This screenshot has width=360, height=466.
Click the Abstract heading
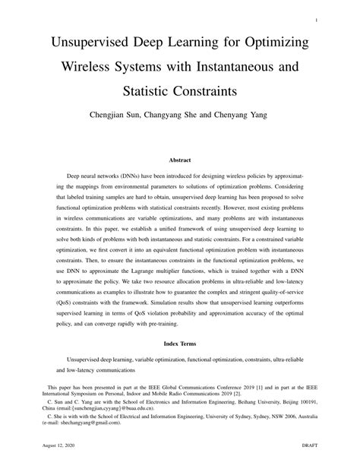coord(179,160)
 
